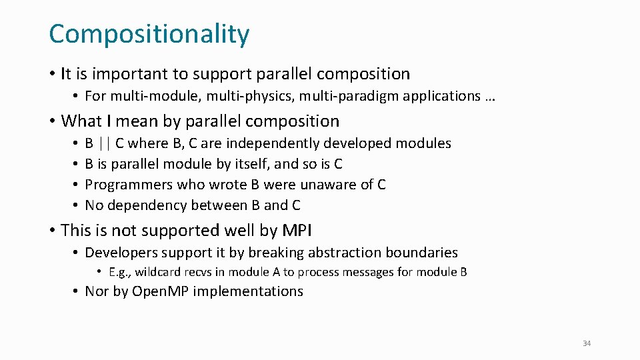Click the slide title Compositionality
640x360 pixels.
tap(149, 34)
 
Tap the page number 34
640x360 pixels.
tap(587, 343)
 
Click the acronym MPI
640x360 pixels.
tap(297, 231)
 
